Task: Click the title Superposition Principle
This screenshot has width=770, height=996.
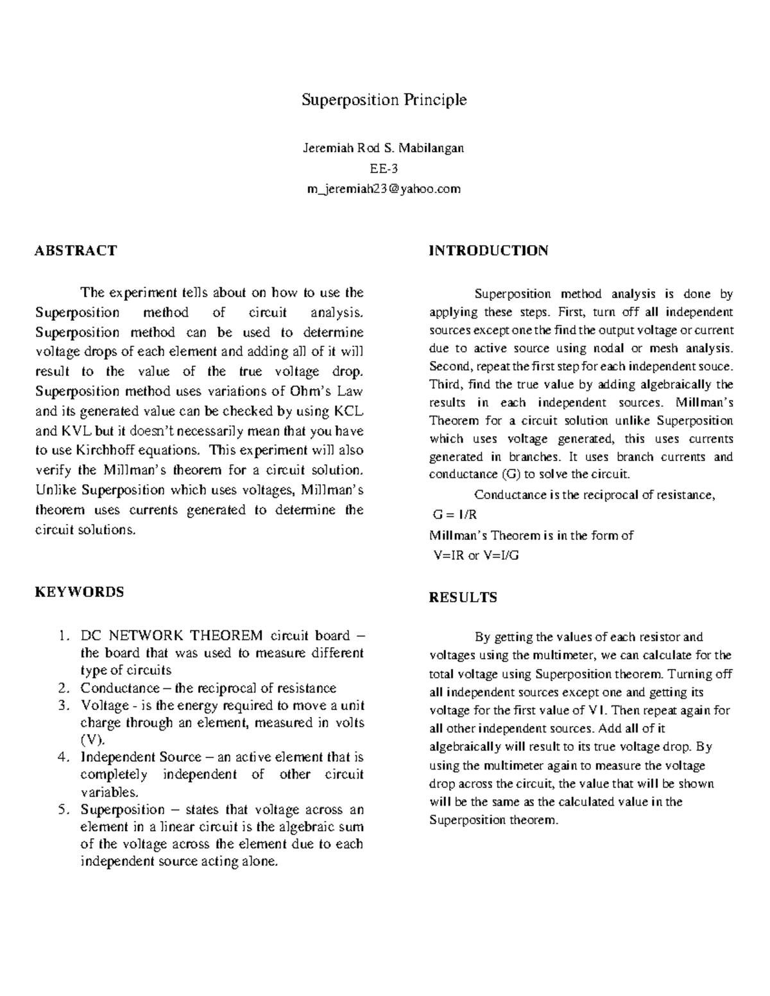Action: (384, 100)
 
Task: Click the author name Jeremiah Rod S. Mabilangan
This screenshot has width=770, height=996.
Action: (383, 148)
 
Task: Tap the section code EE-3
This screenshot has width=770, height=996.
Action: (383, 169)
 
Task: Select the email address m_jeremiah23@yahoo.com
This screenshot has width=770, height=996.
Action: (384, 189)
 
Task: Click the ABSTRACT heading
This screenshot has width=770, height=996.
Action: (76, 250)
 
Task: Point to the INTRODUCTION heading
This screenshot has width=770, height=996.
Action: (488, 250)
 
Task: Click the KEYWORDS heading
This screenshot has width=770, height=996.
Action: (79, 591)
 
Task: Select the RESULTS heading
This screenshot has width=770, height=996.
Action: (463, 597)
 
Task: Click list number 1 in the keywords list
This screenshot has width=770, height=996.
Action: (62, 636)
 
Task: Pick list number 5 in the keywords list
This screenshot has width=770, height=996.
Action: (62, 809)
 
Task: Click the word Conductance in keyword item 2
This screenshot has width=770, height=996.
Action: (119, 688)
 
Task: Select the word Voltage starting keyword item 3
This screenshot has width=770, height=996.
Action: (105, 705)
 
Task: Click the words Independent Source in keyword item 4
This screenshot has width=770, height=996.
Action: (132, 757)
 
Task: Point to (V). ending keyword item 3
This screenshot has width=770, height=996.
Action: (92, 740)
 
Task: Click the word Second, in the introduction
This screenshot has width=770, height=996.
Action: (451, 367)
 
